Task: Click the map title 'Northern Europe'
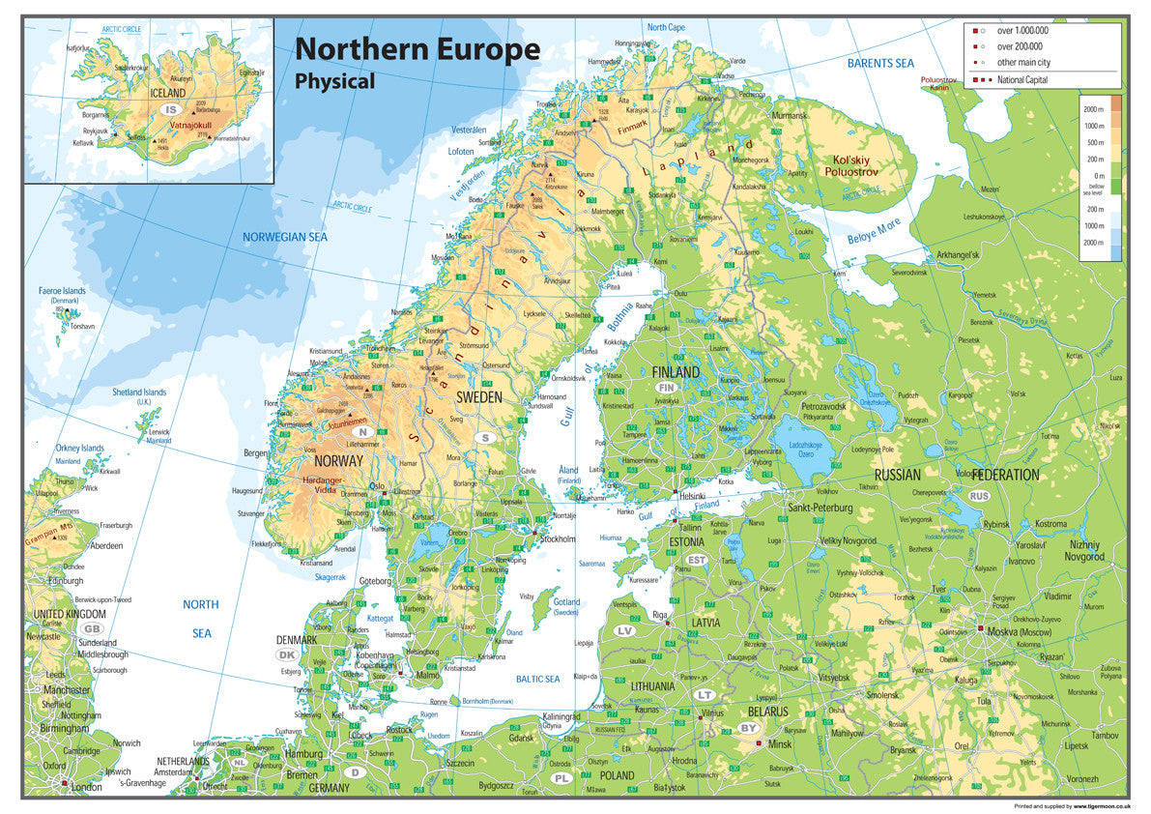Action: click(417, 49)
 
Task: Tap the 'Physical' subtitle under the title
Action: click(334, 82)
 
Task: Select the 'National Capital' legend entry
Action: click(1022, 80)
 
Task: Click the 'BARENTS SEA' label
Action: click(879, 63)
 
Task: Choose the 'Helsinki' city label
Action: click(692, 496)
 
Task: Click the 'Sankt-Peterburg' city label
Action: click(820, 508)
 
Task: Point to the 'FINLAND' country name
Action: click(676, 372)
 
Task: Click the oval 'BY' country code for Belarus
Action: click(748, 728)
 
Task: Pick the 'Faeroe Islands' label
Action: click(63, 291)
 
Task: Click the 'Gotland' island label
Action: click(566, 601)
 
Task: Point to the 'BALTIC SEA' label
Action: click(537, 680)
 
